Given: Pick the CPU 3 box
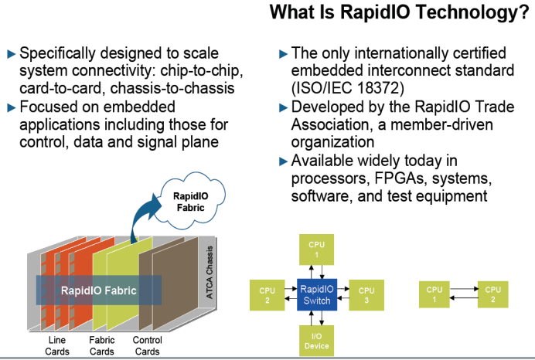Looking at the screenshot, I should coord(365,294).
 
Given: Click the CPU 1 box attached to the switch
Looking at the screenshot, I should coord(316,249).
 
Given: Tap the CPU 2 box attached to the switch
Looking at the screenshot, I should coord(266,294).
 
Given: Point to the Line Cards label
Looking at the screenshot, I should coord(56,346).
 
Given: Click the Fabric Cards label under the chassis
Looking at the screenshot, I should coord(101,346).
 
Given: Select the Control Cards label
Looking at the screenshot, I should coord(147,346).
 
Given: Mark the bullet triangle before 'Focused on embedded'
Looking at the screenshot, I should coord(11,107).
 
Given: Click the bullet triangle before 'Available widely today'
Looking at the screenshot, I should coord(283,161).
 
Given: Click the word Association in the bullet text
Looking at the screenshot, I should coord(332,124).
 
